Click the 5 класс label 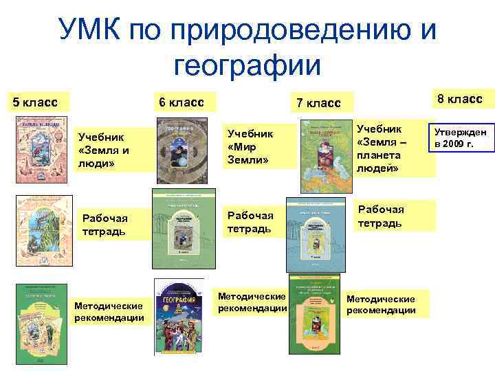point(34,102)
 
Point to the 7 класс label point(318,103)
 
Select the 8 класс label point(460,99)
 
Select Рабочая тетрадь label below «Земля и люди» point(104,224)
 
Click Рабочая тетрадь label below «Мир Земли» point(250,222)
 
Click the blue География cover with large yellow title point(179,315)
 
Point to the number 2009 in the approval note point(454,144)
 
